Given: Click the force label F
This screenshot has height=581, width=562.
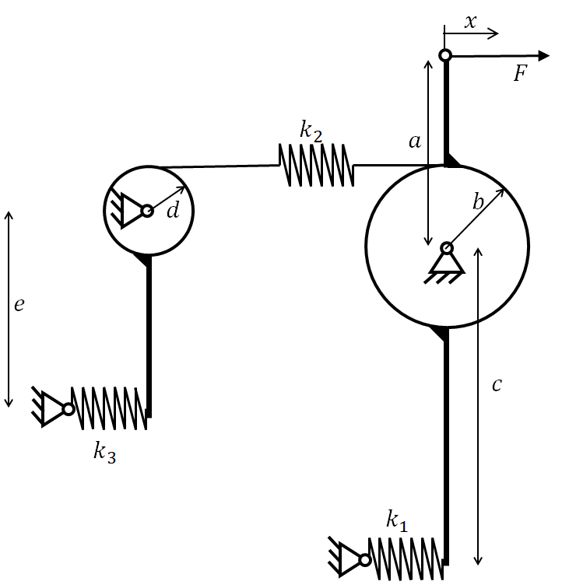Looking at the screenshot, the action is click(x=521, y=73).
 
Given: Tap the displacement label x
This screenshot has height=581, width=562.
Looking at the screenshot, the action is click(x=470, y=22).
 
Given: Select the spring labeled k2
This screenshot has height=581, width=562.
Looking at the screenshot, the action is click(x=316, y=165).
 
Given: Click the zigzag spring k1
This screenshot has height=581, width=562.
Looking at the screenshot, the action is click(x=406, y=559).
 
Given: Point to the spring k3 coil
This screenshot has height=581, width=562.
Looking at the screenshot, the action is click(x=109, y=408).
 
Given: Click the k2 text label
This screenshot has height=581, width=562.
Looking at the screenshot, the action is click(x=311, y=131).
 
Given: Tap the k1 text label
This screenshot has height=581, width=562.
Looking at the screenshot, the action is click(x=397, y=520).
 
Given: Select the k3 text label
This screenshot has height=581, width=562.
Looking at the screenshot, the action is click(x=105, y=453).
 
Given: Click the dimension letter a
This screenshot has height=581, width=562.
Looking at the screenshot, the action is click(x=415, y=142).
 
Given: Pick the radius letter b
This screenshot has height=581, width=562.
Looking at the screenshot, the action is click(x=479, y=202).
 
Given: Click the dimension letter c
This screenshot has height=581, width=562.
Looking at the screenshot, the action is click(x=497, y=385).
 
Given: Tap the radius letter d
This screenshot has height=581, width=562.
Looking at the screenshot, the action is click(x=173, y=210).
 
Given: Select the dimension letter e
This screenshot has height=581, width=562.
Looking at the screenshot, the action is click(x=19, y=305).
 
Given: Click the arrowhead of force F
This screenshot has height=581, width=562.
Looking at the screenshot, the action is click(x=543, y=55).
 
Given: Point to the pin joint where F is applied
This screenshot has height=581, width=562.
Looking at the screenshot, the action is click(x=445, y=55).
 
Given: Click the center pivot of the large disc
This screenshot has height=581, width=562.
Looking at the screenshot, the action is click(x=447, y=248).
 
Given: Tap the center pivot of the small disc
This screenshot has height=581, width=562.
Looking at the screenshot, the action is click(x=147, y=211).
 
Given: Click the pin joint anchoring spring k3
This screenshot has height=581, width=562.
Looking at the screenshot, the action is click(x=68, y=409).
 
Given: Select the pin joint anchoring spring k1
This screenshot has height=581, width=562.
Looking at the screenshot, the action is click(x=365, y=560).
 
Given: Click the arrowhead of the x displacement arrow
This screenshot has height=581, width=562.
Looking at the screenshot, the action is click(x=494, y=33).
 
